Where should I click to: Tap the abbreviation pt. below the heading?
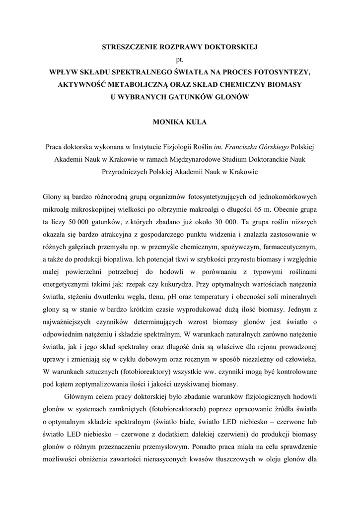[180, 60]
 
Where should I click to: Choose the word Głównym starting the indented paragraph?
[79, 397]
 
